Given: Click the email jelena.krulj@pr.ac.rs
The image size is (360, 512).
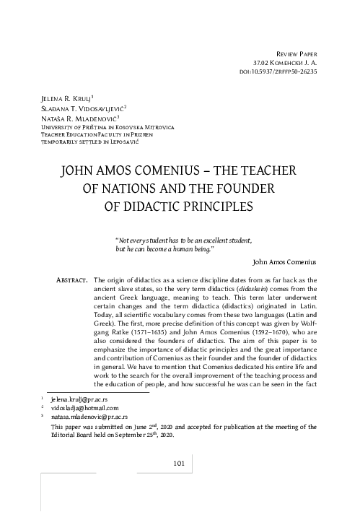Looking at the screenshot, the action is [81, 399].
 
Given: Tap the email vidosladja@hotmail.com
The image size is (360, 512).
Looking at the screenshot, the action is [84, 408].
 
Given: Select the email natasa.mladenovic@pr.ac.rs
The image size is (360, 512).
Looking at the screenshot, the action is [89, 417].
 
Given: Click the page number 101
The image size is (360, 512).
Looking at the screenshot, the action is [180, 462].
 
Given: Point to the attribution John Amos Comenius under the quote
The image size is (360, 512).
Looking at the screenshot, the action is [287, 262].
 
